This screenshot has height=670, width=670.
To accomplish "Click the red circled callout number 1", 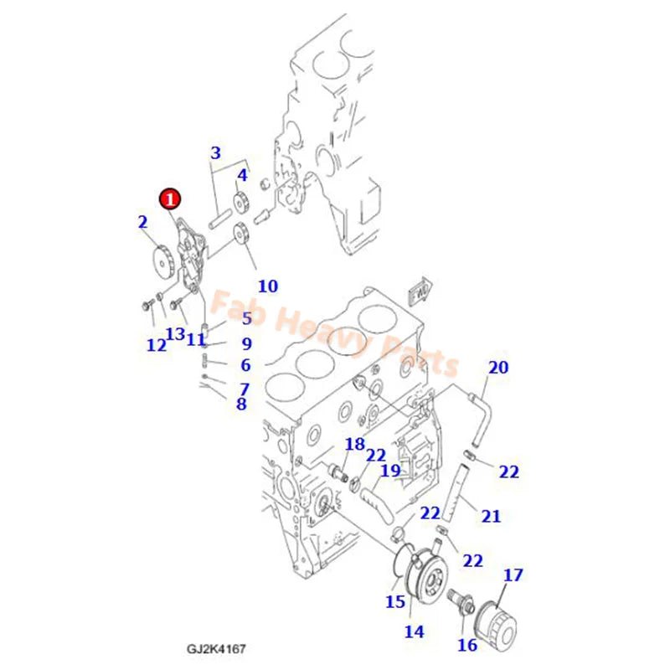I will click(170, 198).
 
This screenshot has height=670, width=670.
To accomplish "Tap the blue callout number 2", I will click(142, 222).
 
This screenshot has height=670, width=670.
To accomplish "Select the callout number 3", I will click(215, 153).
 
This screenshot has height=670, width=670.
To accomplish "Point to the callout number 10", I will click(267, 286).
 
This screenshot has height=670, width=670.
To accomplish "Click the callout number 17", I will click(513, 575).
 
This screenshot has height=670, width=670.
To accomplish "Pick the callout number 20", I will click(498, 368).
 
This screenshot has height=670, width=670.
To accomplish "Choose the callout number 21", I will click(491, 516).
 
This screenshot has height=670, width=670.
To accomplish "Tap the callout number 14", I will click(415, 631).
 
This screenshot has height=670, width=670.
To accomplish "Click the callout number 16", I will click(466, 645).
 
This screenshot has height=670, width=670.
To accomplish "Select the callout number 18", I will click(354, 444).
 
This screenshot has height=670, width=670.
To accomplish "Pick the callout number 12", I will click(157, 345).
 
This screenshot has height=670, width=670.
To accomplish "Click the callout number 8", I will click(241, 404).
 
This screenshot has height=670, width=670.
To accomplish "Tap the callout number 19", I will click(390, 471).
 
